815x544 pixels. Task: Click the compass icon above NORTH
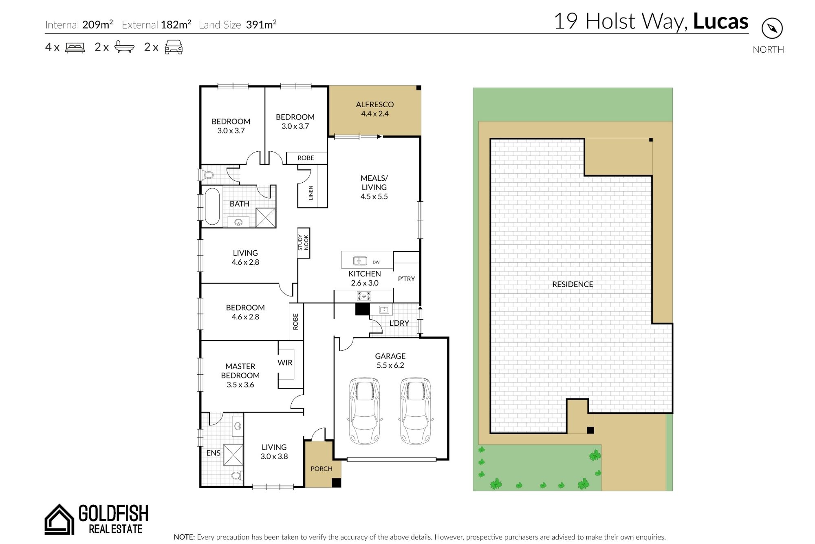click(x=772, y=29)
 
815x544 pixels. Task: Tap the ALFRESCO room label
click(x=375, y=104)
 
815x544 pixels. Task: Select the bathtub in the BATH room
click(x=212, y=206)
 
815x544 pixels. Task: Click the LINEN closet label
click(x=311, y=192)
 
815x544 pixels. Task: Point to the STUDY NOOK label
click(x=303, y=243)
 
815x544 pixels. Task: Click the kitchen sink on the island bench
click(x=360, y=261)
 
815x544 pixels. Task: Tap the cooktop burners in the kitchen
click(x=364, y=296)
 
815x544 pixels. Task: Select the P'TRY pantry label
click(x=406, y=279)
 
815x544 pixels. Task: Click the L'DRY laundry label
click(x=399, y=323)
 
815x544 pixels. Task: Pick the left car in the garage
click(x=365, y=411)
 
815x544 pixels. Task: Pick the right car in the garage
click(x=415, y=411)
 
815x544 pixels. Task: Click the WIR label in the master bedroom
click(x=285, y=363)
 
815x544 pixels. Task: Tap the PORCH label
click(x=322, y=469)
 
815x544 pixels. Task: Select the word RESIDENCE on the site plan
click(x=573, y=284)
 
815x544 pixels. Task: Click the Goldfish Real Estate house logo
click(x=59, y=519)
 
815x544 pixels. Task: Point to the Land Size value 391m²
click(x=261, y=24)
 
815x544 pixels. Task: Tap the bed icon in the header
click(x=75, y=47)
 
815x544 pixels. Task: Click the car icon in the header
click(x=174, y=47)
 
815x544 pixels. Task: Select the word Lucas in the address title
click(x=720, y=21)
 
